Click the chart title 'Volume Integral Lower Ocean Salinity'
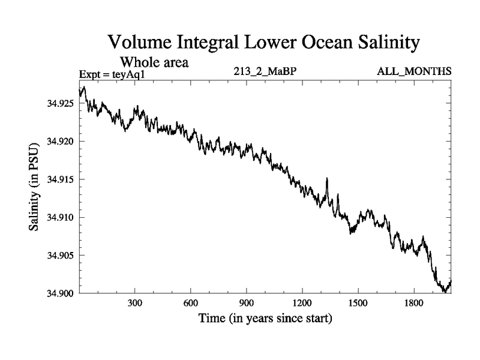coord(263,43)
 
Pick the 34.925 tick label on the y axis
coord(59,104)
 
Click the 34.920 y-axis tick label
coord(59,142)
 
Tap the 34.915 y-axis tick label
coord(59,179)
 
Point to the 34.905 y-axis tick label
coord(59,256)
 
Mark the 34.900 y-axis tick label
coord(59,293)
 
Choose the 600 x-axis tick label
coord(191,304)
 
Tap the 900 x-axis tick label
coord(247,304)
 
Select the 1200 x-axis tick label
coord(302,304)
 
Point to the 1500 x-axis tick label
coord(358,304)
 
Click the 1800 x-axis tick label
coord(413,304)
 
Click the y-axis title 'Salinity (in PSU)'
coord(34,186)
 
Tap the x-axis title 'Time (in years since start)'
coord(265,318)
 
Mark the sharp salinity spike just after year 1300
coord(327,179)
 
